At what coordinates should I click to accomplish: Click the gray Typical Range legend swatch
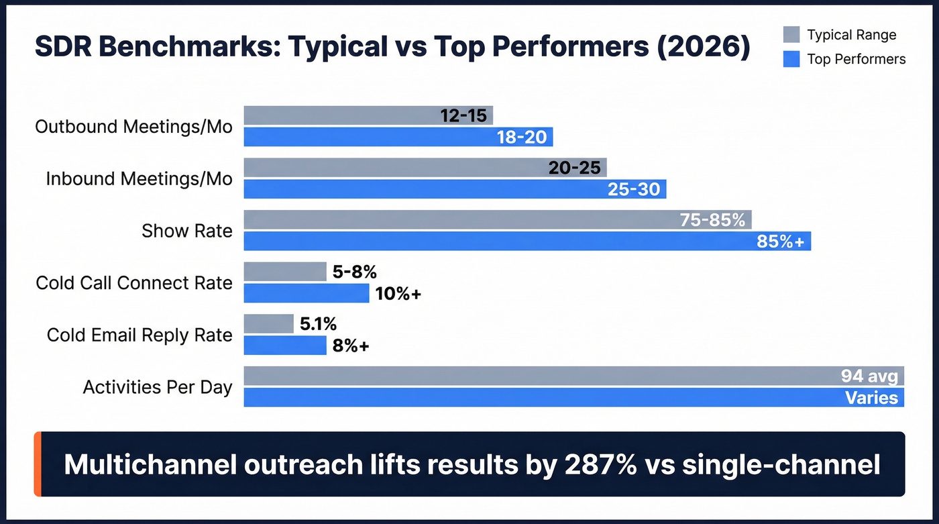[791, 35]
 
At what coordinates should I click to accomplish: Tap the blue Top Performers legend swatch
[791, 59]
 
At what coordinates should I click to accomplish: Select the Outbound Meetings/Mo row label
[133, 126]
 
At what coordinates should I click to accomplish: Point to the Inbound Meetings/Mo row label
[139, 178]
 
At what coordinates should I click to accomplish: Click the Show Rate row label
[186, 231]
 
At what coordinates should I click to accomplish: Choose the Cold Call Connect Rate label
[134, 282]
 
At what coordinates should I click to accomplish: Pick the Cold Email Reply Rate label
[140, 335]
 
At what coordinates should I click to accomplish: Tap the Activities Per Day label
[158, 387]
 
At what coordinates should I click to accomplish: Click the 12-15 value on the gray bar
[463, 115]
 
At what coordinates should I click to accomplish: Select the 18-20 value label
[522, 138]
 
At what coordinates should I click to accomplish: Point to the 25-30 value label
[634, 190]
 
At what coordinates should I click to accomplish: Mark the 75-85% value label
[712, 220]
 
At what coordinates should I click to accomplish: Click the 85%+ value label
[780, 242]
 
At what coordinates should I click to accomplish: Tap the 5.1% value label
[318, 325]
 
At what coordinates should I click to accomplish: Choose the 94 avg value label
[869, 376]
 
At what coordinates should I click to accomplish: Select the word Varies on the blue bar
[871, 398]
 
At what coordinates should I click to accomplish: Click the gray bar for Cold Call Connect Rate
[284, 272]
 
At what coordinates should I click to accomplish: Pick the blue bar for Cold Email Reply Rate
[284, 346]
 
